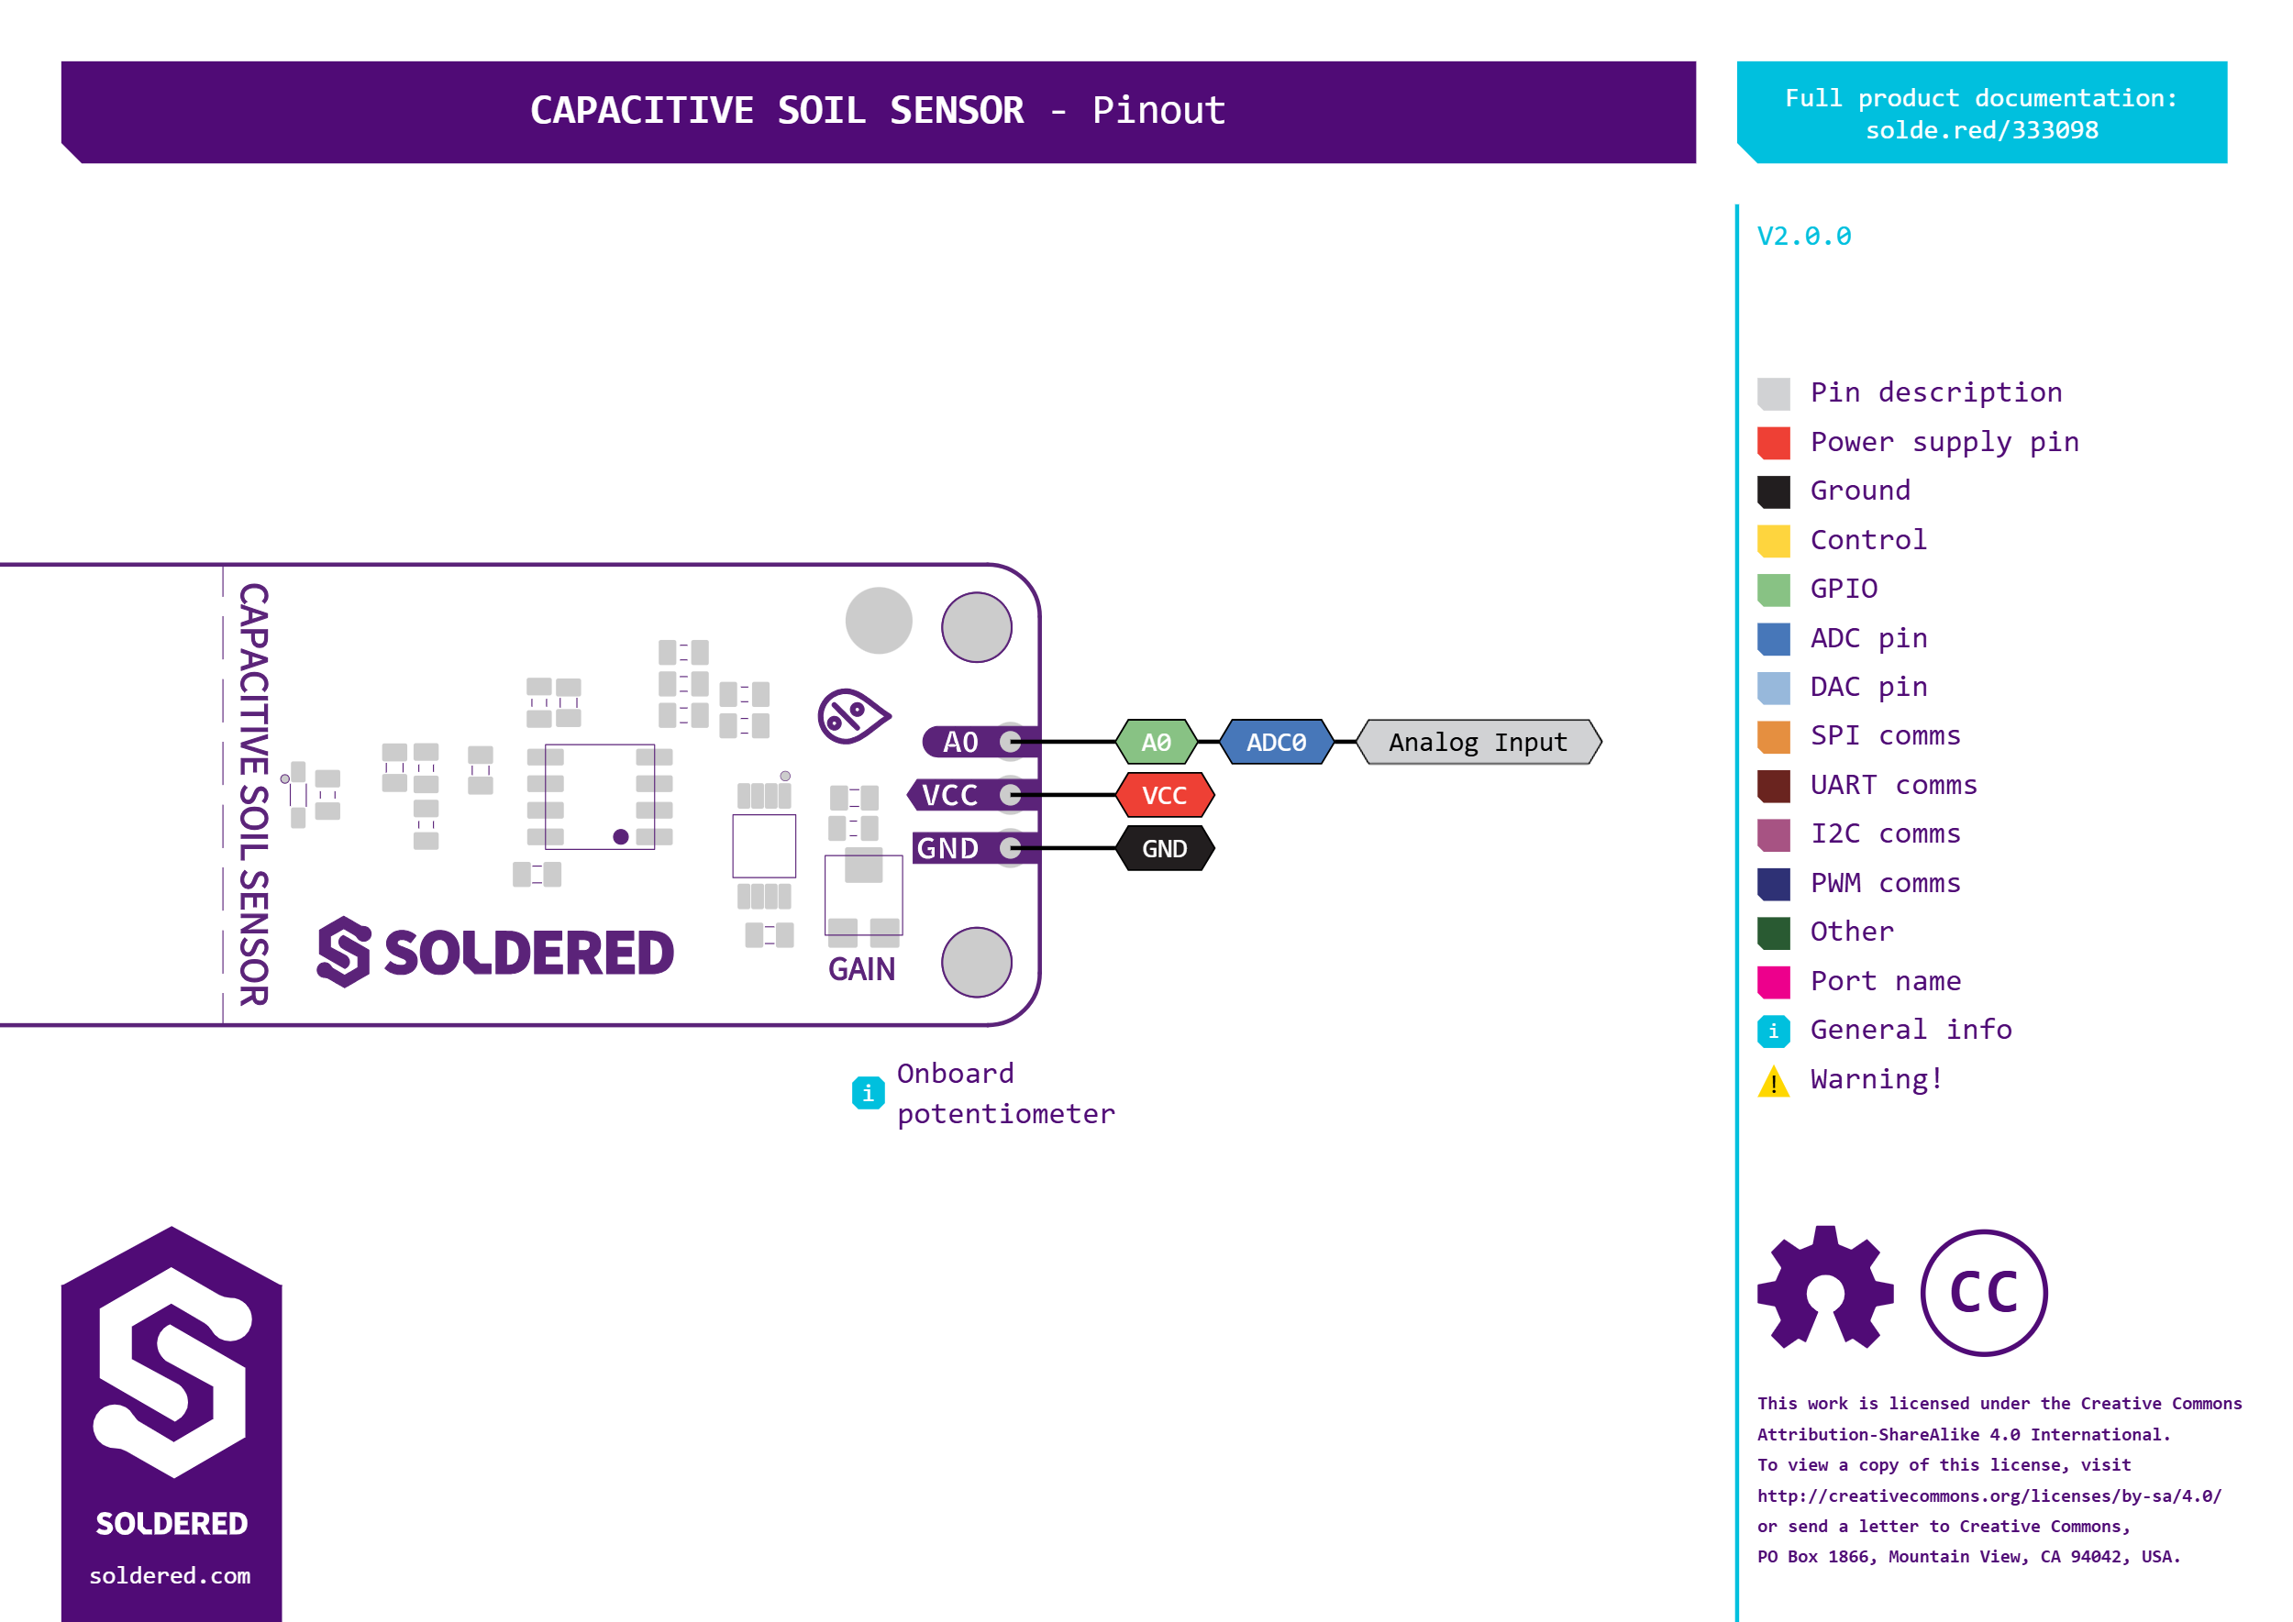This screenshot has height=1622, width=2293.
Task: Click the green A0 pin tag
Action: (1156, 742)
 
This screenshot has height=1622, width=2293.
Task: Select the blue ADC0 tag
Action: (1276, 742)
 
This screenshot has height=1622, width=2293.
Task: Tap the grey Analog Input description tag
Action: (1478, 742)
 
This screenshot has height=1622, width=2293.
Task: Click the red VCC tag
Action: (1164, 795)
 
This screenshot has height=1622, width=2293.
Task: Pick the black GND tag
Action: (1164, 848)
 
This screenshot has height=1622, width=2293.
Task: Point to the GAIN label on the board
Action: (861, 969)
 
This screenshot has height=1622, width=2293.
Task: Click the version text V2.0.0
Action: (1803, 236)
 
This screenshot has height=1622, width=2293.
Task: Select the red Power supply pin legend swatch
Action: (1774, 443)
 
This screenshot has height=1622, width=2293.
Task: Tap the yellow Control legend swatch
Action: (1774, 540)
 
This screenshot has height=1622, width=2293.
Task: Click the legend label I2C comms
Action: (1886, 834)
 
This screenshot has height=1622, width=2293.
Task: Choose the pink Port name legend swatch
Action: (1774, 982)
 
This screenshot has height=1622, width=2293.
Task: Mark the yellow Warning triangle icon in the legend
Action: (1774, 1081)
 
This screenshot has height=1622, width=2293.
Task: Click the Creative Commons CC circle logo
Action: (1983, 1293)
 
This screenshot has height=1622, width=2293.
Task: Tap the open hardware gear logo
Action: (1825, 1288)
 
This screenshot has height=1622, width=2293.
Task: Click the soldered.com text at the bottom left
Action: (170, 1575)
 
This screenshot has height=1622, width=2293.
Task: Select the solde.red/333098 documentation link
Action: (1981, 130)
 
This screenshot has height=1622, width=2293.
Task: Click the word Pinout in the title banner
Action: (1158, 110)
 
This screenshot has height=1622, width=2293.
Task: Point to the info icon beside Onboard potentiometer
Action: (868, 1093)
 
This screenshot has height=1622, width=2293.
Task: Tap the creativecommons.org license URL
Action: (1988, 1495)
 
